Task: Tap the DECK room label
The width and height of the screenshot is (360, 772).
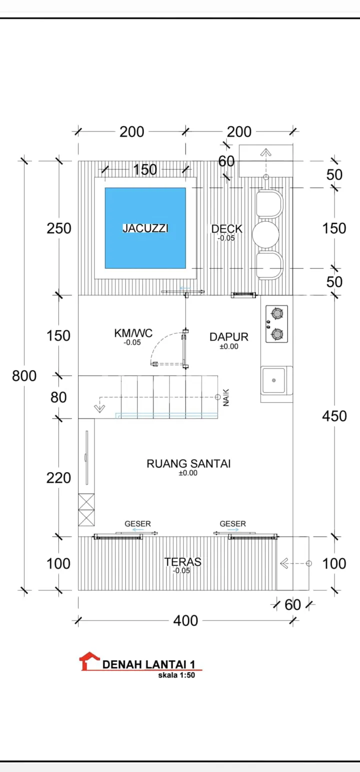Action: click(x=226, y=229)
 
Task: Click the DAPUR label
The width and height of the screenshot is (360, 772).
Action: click(x=228, y=337)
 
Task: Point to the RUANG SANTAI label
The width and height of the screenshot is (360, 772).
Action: click(x=188, y=463)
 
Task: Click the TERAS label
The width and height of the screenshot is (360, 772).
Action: click(x=182, y=562)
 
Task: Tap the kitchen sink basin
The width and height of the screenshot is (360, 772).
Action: click(x=273, y=380)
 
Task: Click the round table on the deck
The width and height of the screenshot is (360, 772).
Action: click(x=265, y=235)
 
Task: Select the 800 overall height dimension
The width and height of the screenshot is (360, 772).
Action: click(x=24, y=376)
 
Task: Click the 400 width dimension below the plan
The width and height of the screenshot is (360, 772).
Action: click(x=185, y=620)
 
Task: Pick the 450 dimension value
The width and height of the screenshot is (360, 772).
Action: click(x=334, y=416)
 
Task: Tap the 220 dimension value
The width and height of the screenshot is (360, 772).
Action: click(x=58, y=478)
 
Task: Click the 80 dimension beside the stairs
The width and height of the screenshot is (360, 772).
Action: click(x=58, y=397)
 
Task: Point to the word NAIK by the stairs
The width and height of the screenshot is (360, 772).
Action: click(x=226, y=397)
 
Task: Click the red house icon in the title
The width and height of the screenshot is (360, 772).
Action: click(x=89, y=661)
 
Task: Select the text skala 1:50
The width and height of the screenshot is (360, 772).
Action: click(x=176, y=675)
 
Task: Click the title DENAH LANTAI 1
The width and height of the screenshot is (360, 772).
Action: click(x=148, y=664)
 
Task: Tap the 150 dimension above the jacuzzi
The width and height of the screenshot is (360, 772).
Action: click(x=145, y=169)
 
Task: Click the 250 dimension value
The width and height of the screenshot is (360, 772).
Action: click(x=59, y=228)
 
